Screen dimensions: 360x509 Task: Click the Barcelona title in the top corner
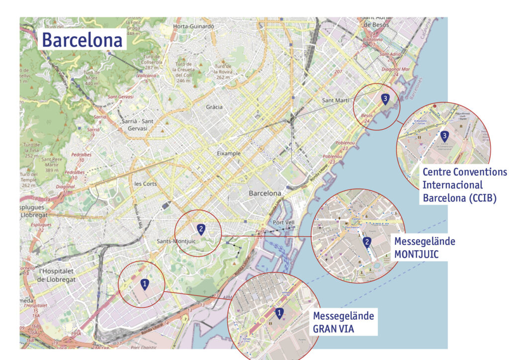tap(82, 40)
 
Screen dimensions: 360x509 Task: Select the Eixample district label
tap(229, 154)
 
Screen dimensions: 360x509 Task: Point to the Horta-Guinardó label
tap(193, 26)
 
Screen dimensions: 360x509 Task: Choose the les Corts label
tap(145, 184)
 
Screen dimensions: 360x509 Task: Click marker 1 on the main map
tap(145, 284)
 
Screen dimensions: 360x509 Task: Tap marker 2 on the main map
tap(201, 229)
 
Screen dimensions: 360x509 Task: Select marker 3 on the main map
tap(385, 99)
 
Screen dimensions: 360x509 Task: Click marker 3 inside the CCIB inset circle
tap(444, 135)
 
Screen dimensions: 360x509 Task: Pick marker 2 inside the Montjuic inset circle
tap(367, 242)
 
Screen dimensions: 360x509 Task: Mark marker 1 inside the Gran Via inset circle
tap(279, 313)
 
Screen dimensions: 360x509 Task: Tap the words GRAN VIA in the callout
tap(334, 328)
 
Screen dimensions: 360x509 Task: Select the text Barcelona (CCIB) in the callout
tap(460, 197)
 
